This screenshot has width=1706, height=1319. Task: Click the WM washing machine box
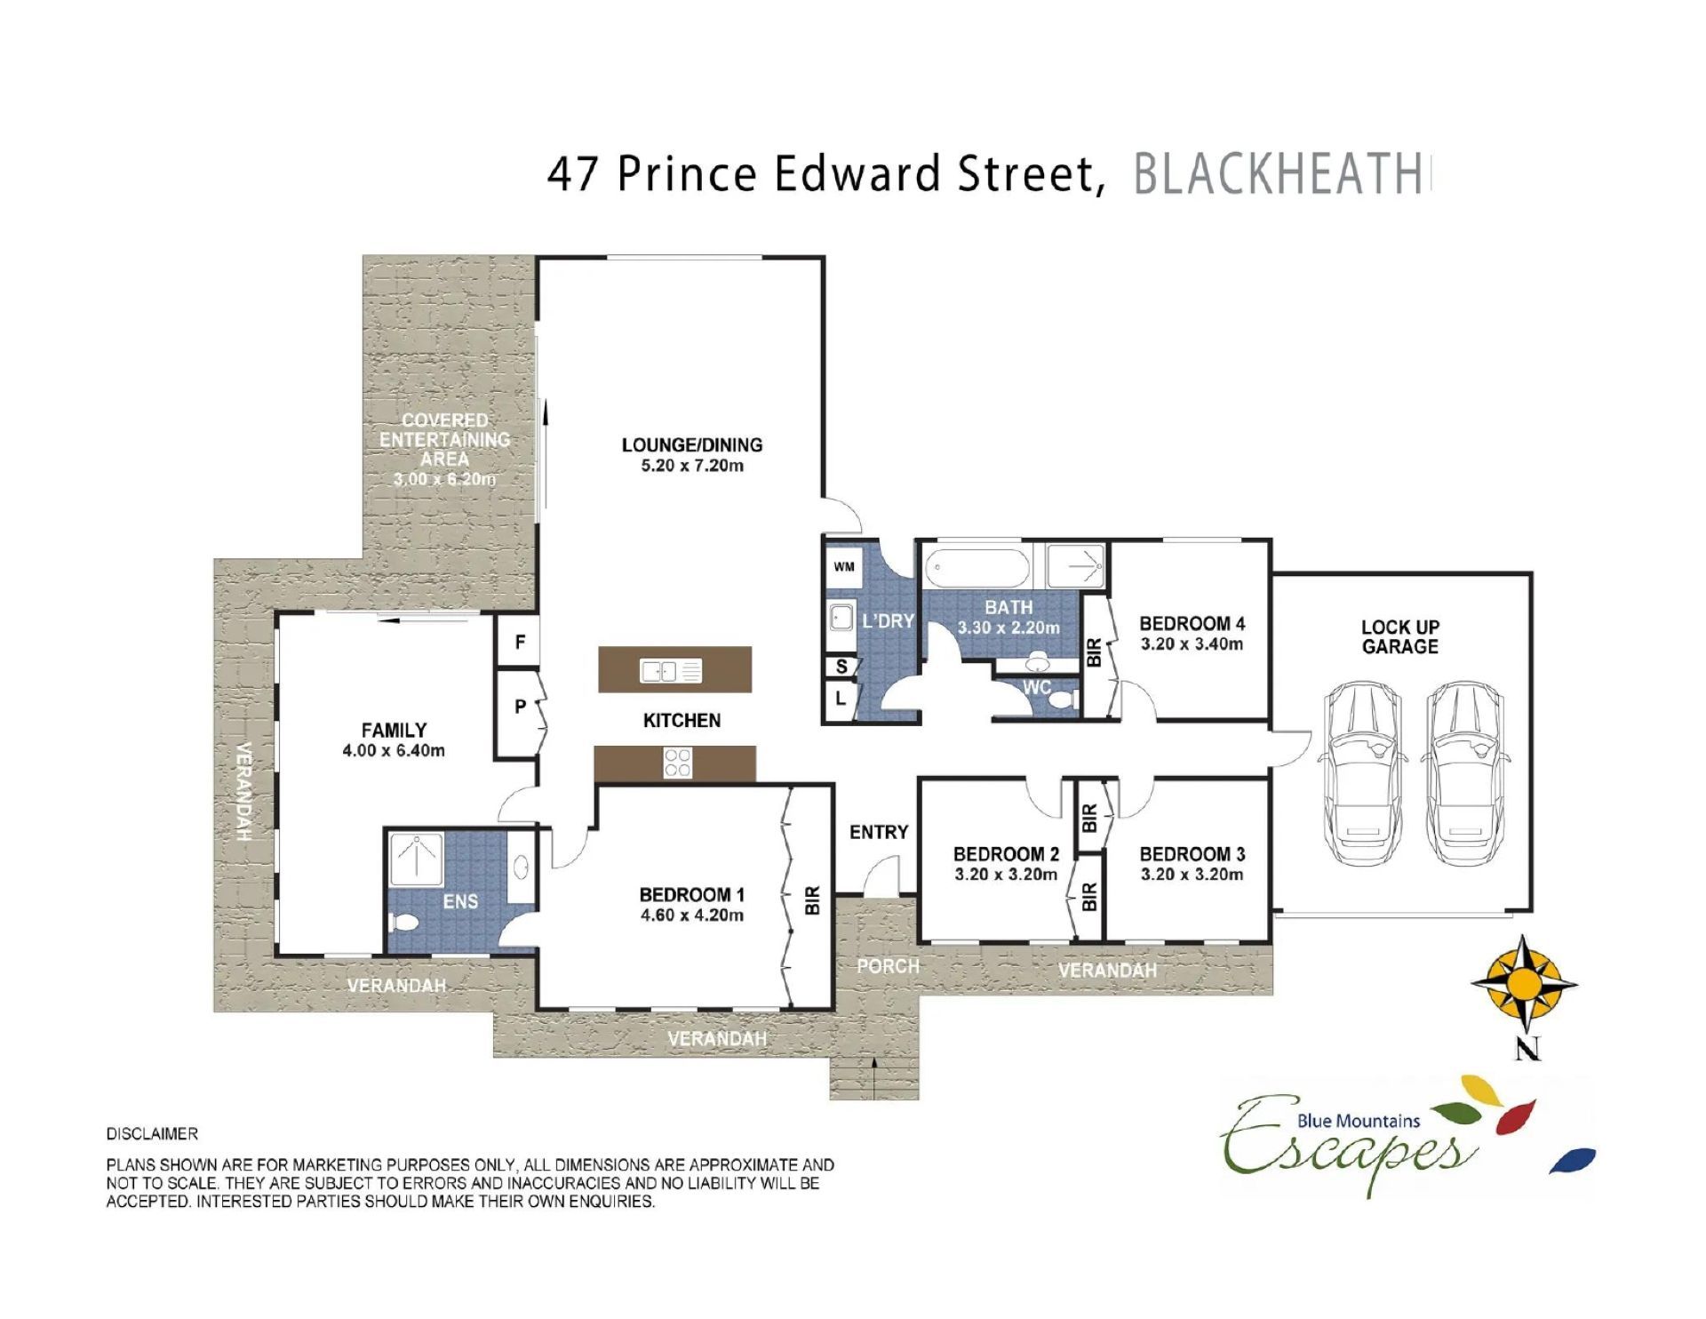pos(844,566)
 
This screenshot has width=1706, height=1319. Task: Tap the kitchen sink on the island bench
pos(671,670)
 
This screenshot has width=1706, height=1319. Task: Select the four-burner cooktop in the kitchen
pos(678,763)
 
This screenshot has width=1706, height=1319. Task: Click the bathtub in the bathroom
pos(978,567)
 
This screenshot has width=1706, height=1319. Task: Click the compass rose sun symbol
pos(1525,983)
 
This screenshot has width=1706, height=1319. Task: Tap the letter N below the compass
pos(1527,1049)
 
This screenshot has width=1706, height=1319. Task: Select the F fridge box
pos(520,641)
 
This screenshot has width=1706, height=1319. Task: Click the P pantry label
pos(520,707)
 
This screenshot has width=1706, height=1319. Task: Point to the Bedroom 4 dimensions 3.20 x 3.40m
pos(1192,644)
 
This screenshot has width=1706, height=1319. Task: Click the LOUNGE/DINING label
pos(692,445)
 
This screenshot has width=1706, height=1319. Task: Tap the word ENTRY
pos(879,832)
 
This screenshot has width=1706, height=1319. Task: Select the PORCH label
pos(888,966)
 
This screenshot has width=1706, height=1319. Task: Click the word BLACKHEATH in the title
pos(1278,174)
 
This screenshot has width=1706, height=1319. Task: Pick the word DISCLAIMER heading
pos(152,1134)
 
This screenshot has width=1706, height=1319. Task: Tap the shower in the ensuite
pos(416,859)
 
